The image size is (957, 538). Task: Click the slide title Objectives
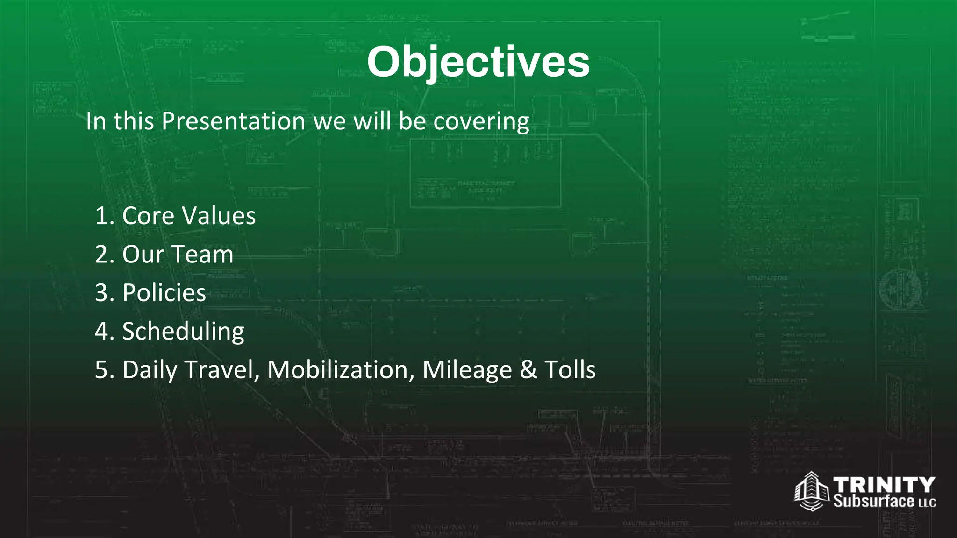478,62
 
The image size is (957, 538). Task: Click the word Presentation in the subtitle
234,121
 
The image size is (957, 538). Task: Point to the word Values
219,216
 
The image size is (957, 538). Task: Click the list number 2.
102,255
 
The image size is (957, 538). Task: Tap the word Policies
164,293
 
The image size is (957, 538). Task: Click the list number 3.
102,293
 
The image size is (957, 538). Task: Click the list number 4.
102,331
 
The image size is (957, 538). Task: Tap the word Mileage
467,370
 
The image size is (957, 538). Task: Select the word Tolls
570,370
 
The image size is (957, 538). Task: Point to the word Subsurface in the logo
874,501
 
